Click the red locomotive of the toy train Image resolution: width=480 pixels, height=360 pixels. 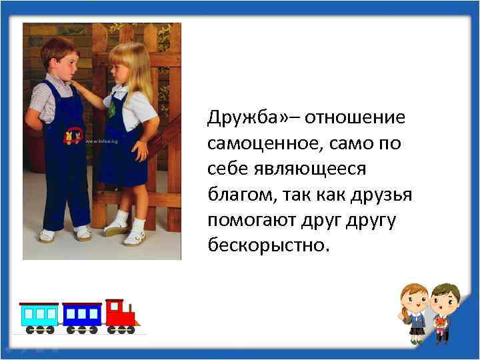pos(123,314)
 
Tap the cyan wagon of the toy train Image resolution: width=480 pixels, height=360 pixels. pos(39,314)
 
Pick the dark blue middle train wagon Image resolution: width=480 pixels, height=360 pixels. pos(81,314)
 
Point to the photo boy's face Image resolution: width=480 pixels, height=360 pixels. pos(65,63)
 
